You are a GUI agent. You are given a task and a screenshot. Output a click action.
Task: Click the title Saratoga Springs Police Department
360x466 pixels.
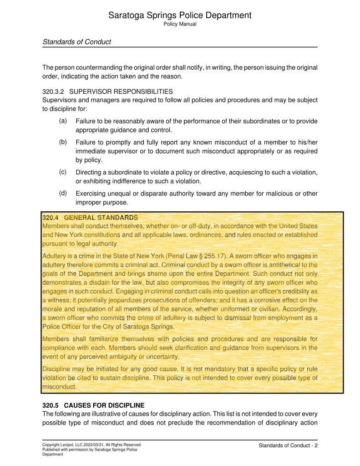(180, 15)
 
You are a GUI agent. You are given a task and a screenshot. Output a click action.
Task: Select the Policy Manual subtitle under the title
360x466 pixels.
(180, 24)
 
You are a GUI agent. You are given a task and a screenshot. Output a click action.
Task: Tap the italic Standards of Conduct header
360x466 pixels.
(76, 42)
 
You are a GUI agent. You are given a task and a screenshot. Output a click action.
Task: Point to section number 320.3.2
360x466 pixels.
(53, 92)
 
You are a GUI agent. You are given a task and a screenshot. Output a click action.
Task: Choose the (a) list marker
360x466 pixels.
(63, 121)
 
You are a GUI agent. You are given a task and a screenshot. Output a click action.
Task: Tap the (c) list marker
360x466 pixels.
(63, 172)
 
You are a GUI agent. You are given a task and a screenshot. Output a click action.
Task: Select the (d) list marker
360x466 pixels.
(63, 193)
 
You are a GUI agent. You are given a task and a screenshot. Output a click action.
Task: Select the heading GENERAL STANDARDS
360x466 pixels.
(101, 218)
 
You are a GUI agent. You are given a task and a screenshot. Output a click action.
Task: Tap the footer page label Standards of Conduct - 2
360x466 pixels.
(288, 445)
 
